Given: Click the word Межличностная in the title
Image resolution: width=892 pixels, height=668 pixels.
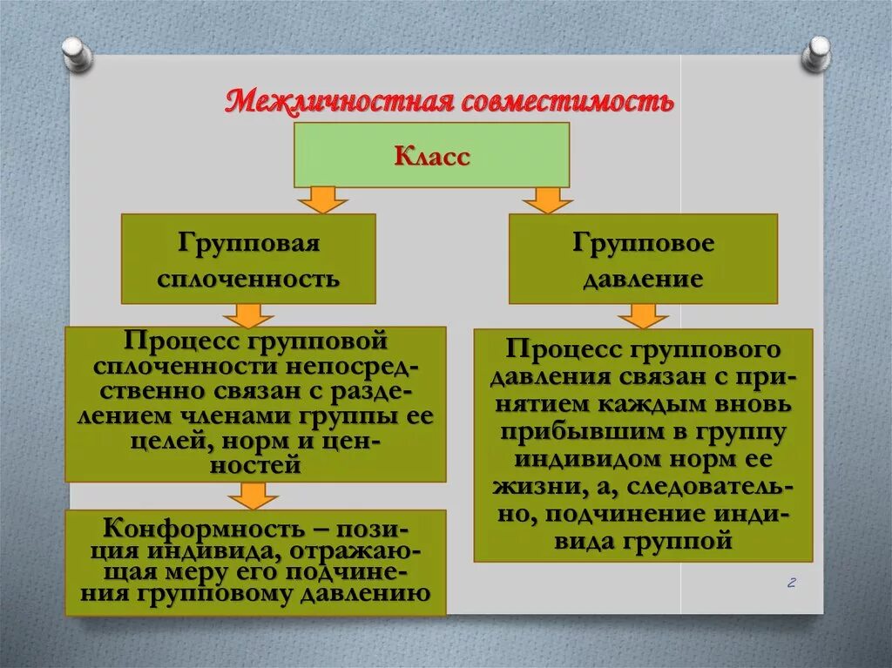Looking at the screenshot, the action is coord(336,101).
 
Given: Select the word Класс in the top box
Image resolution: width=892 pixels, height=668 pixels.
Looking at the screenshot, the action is coord(432,157).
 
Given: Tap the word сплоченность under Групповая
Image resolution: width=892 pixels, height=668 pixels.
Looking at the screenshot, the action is coord(248,280).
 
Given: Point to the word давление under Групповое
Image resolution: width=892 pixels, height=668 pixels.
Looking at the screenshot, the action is coord(644,280).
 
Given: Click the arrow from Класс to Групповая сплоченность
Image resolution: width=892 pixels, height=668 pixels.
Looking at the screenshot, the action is coord(322,199).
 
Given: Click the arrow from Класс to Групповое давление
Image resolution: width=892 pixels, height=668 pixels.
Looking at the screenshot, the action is coord(547,199).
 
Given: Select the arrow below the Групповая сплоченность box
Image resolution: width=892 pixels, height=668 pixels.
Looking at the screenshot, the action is coord(247,314).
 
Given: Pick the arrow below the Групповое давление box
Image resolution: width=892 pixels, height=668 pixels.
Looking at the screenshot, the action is coord(644,315).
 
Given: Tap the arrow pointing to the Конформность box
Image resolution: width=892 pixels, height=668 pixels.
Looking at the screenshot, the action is coord(253,496).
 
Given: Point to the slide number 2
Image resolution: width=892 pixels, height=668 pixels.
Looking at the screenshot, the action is coord(792,583).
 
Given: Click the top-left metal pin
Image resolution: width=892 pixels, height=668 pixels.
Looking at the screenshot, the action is coord(76,53).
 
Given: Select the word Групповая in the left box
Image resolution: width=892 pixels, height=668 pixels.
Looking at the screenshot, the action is coord(248,243).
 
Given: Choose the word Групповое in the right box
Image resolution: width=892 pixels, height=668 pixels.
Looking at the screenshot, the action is coord(644,243).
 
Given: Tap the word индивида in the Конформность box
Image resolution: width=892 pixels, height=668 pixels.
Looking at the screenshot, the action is coord(205,551).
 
